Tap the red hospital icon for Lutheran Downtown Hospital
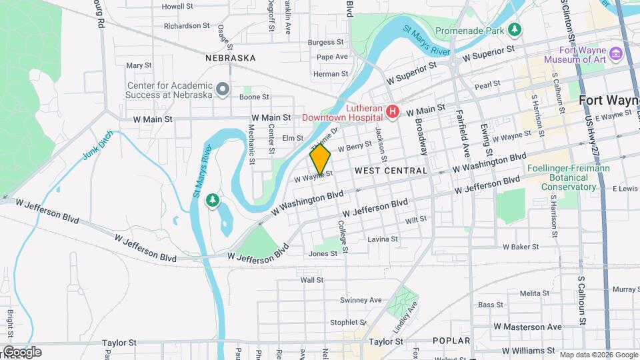coord(393,111)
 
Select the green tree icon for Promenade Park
coord(514,30)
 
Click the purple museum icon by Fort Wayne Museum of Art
coord(616,53)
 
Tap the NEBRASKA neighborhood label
coord(231,58)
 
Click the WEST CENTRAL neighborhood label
coord(391,171)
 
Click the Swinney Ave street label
coord(361,300)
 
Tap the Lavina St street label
coord(383,239)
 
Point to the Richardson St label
coord(187,26)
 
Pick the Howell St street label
coord(177,6)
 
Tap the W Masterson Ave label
coord(528,327)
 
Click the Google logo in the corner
coord(22,352)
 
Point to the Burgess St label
coord(325,42)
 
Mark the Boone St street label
coord(254,97)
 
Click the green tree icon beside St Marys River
coord(213,200)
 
